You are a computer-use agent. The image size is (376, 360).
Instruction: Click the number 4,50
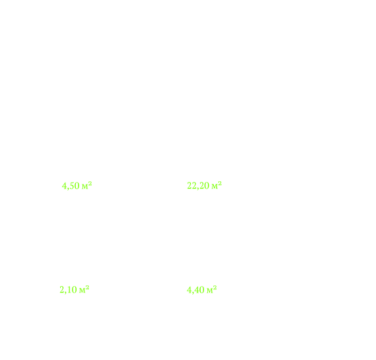[x=71, y=186]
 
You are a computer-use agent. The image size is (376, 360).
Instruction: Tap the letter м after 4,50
[x=84, y=187]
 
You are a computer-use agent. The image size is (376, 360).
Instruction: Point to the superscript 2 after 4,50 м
[x=90, y=183]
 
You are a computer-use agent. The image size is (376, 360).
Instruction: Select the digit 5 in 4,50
[x=71, y=186]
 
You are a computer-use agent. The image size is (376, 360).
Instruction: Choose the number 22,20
[x=198, y=186]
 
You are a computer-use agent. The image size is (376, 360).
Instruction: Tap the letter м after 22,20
[x=214, y=187]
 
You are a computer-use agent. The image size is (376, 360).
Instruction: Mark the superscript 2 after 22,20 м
[x=220, y=183]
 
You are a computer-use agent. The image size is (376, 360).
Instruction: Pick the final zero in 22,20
[x=207, y=186]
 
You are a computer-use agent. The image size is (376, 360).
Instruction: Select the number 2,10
[x=68, y=290]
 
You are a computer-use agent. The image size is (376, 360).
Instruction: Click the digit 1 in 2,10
[x=69, y=290]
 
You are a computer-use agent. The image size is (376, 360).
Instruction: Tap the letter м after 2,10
[x=82, y=291]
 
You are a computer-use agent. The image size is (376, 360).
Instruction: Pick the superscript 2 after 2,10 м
[x=88, y=287]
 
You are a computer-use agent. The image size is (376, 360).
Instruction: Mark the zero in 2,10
[x=75, y=290]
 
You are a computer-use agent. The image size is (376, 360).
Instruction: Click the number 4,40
[x=196, y=290]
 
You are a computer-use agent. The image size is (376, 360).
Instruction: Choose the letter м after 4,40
[x=210, y=291]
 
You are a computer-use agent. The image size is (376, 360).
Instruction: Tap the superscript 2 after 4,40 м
[x=215, y=287]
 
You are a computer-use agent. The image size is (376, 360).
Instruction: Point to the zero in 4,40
[x=202, y=290]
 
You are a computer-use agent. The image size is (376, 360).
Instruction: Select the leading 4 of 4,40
[x=189, y=290]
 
